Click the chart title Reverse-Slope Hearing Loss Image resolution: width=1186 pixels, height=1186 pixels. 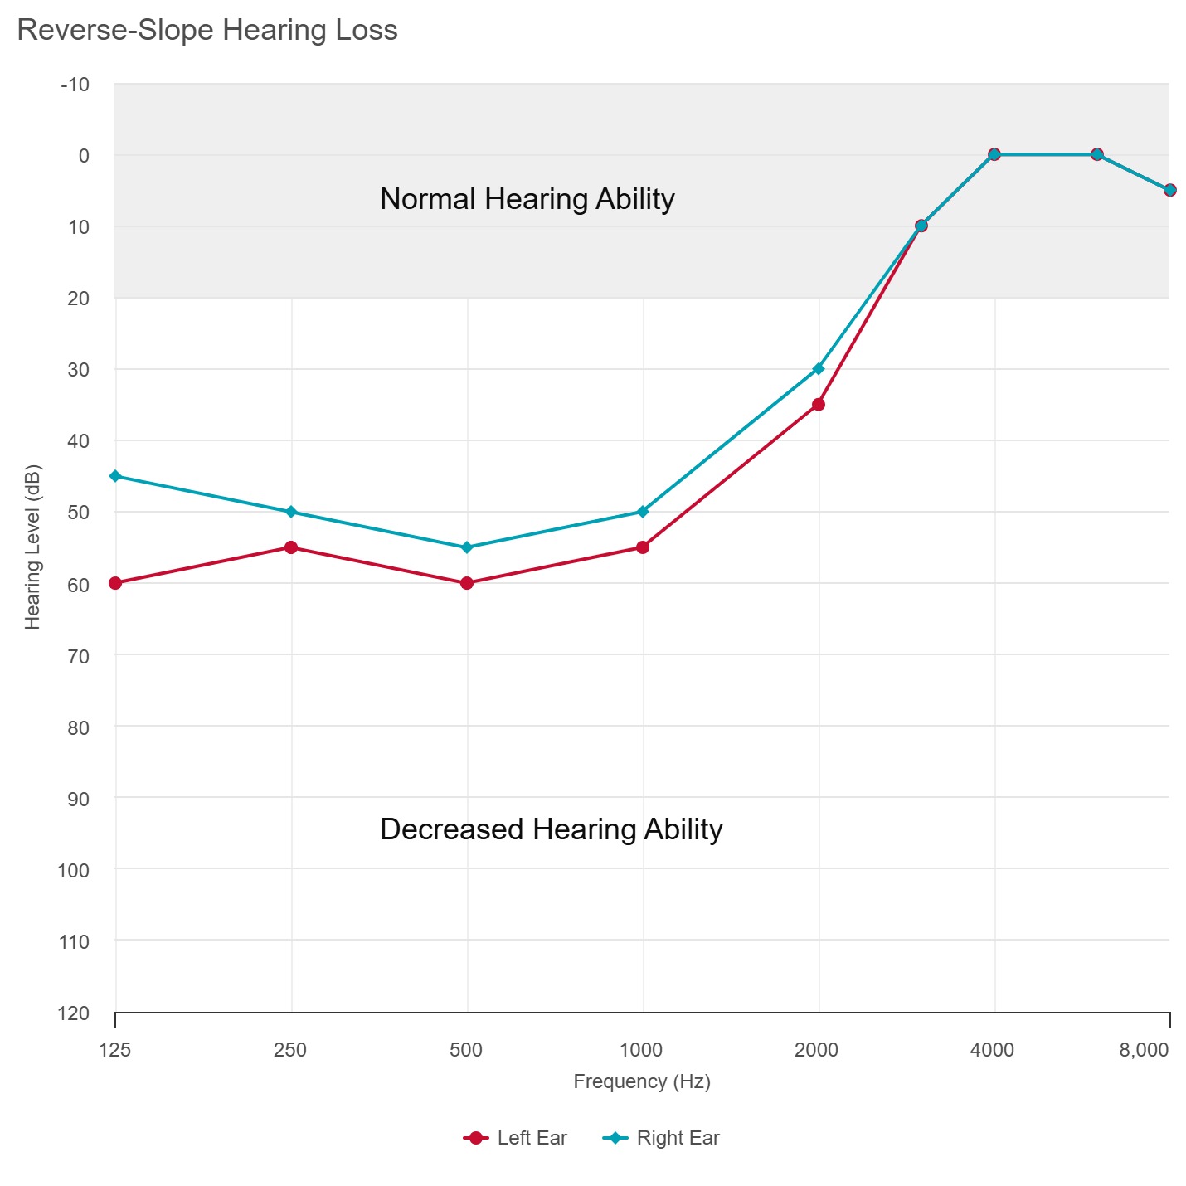click(207, 31)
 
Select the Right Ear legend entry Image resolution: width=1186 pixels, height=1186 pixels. click(661, 1138)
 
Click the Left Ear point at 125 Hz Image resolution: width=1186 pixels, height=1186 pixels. click(115, 583)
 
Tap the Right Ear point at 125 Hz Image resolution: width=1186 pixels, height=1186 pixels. click(115, 476)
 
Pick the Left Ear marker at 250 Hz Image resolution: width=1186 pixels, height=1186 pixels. click(291, 547)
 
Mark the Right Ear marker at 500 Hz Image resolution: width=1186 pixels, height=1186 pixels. click(467, 547)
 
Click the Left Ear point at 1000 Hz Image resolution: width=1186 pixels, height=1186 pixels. click(643, 547)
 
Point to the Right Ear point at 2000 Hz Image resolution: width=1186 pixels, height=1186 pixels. click(819, 368)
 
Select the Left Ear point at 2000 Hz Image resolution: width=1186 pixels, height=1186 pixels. click(819, 405)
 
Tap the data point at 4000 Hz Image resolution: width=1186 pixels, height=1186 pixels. click(994, 154)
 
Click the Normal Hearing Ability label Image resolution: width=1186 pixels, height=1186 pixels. click(527, 199)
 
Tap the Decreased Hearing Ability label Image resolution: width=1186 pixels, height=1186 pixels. click(552, 829)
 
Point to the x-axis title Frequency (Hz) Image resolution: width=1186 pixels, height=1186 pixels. click(642, 1081)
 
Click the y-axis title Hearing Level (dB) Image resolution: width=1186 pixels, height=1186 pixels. click(32, 547)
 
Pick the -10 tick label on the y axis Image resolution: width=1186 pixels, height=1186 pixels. click(75, 85)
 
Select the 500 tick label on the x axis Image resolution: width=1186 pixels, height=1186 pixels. click(466, 1050)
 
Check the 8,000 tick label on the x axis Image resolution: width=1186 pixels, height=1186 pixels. click(1144, 1050)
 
